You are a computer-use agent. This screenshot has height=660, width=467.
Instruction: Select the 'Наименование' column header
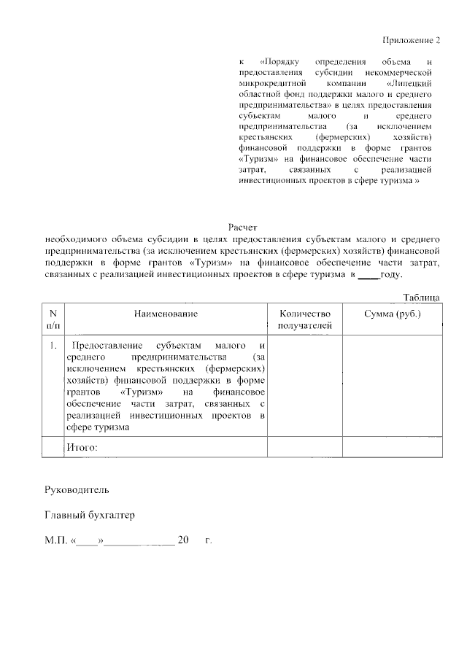[166, 314]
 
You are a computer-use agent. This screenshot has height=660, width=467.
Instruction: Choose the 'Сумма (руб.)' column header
[392, 314]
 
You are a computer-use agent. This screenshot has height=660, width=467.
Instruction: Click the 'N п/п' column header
[53, 319]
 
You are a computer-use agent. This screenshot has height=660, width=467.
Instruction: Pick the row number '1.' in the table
[53, 345]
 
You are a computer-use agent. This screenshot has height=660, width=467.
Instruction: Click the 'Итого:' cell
[82, 446]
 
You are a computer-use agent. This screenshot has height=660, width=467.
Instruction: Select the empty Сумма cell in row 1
[392, 386]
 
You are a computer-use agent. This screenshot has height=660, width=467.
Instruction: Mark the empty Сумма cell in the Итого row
[392, 446]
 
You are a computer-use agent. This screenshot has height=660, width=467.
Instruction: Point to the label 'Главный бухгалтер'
[90, 515]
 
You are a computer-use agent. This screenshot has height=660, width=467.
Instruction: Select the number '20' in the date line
[183, 541]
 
